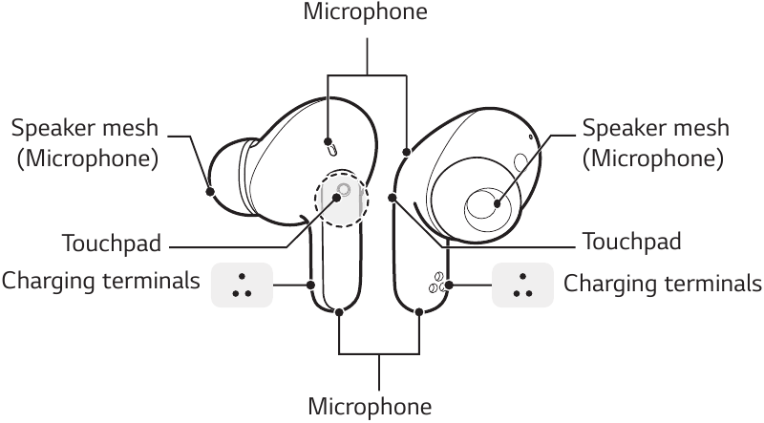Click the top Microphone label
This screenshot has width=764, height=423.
tap(365, 12)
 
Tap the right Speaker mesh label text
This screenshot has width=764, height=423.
tap(656, 128)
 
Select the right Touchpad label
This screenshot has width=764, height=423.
tap(631, 242)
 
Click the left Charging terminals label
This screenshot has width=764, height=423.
tap(101, 282)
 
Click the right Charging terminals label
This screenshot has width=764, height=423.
tap(663, 284)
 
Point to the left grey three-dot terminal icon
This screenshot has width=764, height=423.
tap(242, 286)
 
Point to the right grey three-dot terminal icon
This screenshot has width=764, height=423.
tap(521, 286)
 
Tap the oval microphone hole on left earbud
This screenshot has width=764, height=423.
tap(331, 147)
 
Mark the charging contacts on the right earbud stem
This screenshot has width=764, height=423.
tap(436, 284)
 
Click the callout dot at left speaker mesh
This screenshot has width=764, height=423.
tap(210, 190)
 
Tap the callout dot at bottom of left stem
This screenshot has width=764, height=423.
tap(341, 311)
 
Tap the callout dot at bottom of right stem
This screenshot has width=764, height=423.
tap(421, 311)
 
